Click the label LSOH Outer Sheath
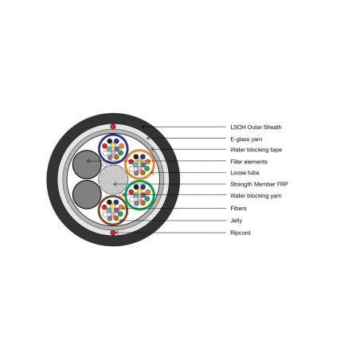click(256, 127)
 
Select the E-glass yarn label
click(246, 139)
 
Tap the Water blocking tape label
click(256, 150)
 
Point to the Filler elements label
click(248, 162)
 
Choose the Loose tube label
click(245, 173)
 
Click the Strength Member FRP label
click(259, 184)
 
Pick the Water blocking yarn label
click(256, 196)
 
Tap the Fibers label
click(238, 208)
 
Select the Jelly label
click(236, 221)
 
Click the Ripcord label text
click(241, 233)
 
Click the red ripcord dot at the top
click(113, 127)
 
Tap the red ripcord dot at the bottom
click(113, 233)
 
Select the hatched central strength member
click(113, 179)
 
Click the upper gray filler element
click(87, 164)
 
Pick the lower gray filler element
click(87, 194)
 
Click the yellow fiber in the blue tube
click(113, 145)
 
